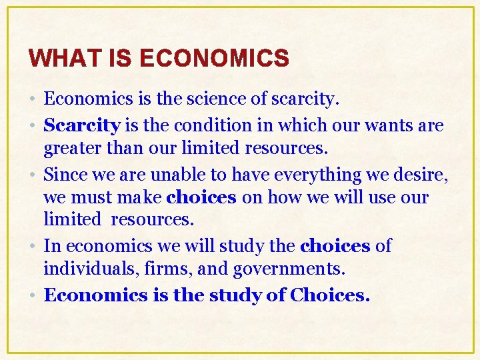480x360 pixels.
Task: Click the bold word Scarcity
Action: pyautogui.click(x=81, y=125)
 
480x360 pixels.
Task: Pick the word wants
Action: pyautogui.click(x=383, y=125)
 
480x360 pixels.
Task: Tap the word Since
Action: pyautogui.click(x=62, y=174)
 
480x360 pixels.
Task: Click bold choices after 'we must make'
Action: pyautogui.click(x=201, y=198)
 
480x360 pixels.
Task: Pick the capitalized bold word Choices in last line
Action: pyautogui.click(x=329, y=295)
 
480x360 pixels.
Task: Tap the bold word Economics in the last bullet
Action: pyautogui.click(x=95, y=295)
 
